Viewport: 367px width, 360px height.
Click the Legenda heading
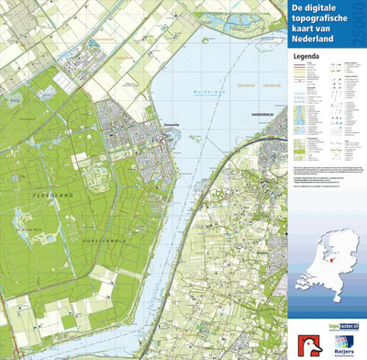[x=307, y=55]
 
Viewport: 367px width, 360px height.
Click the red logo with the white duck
[x=304, y=343]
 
